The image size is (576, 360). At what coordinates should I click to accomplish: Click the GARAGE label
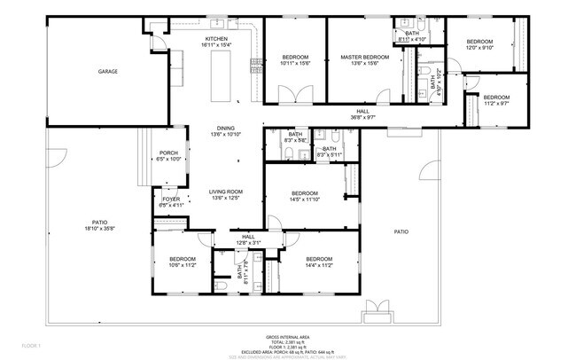point(107,72)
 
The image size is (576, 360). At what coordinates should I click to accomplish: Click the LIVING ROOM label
point(226,194)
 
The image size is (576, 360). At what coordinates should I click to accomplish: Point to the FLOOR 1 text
point(32,344)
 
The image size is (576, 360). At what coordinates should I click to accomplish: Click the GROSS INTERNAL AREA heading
point(288,338)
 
